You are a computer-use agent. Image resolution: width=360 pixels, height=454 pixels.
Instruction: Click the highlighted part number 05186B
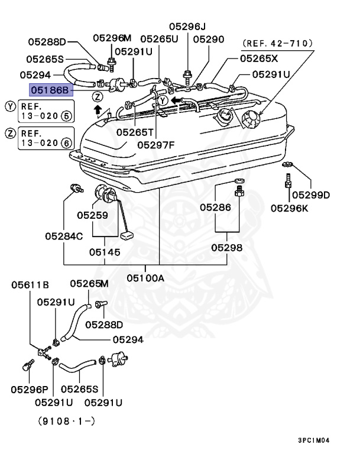[x=50, y=90]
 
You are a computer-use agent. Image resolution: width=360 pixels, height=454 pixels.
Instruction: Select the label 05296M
[x=112, y=38]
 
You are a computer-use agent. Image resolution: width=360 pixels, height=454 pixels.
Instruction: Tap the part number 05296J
[x=187, y=27]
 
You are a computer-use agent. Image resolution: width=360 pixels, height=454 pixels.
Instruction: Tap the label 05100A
[x=145, y=277]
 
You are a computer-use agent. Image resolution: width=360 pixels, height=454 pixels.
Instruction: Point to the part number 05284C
[x=64, y=236]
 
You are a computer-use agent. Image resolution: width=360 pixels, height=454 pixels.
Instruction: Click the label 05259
[x=92, y=216]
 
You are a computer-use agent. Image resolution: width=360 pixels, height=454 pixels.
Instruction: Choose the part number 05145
[x=105, y=252]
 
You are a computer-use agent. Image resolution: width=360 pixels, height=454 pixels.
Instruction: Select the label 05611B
[x=30, y=285]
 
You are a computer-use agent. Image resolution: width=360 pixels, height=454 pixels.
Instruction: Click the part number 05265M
[x=90, y=284]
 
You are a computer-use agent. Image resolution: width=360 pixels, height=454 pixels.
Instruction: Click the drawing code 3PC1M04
[x=314, y=440]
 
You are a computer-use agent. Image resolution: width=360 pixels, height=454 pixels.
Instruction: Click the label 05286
[x=215, y=207]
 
